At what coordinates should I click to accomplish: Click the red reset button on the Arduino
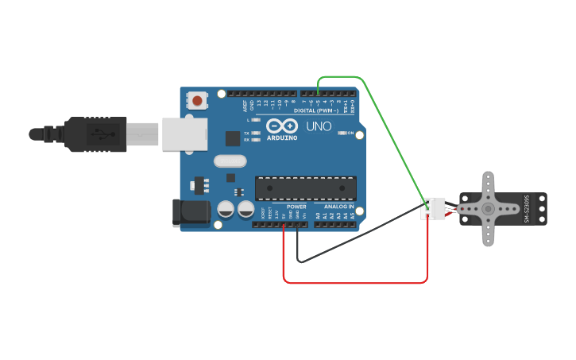click(x=196, y=100)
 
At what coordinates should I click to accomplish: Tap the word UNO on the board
click(x=319, y=126)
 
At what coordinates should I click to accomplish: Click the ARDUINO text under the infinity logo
click(x=282, y=137)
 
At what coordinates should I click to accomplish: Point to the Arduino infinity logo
click(x=282, y=126)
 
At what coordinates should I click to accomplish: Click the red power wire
click(x=358, y=282)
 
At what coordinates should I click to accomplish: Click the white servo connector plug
click(x=432, y=208)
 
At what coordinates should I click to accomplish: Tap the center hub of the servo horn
click(x=488, y=209)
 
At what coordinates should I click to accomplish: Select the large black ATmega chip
click(x=306, y=188)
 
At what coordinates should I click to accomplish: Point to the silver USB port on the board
click(x=184, y=134)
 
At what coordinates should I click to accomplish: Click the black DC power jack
click(x=191, y=213)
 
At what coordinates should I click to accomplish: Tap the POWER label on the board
click(x=296, y=207)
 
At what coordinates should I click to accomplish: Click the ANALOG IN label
click(x=339, y=207)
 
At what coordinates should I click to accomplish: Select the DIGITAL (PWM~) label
click(x=316, y=110)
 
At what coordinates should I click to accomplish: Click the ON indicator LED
click(x=340, y=133)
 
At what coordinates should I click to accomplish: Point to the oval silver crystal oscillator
click(x=230, y=161)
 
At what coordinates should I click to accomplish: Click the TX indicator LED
click(x=256, y=133)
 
